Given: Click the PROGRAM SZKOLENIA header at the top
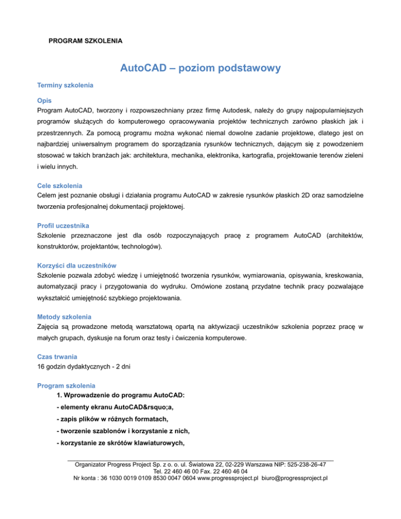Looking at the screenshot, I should pyautogui.click(x=85, y=40).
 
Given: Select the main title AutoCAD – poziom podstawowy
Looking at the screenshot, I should pyautogui.click(x=200, y=68).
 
